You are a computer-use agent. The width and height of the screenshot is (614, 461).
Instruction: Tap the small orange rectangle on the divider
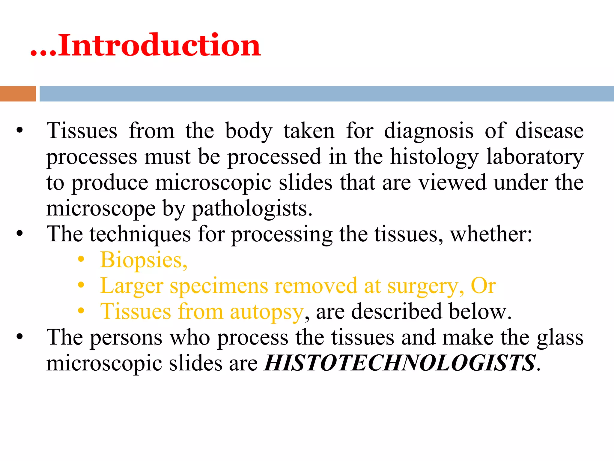pos(18,94)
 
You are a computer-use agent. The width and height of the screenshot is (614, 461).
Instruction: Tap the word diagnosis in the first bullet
pos(429,131)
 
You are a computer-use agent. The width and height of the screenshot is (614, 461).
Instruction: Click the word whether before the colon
pos(489,234)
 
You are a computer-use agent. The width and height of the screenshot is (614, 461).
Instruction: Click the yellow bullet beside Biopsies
pos(81,260)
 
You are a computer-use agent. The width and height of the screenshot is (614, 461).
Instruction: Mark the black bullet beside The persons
pos(20,337)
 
